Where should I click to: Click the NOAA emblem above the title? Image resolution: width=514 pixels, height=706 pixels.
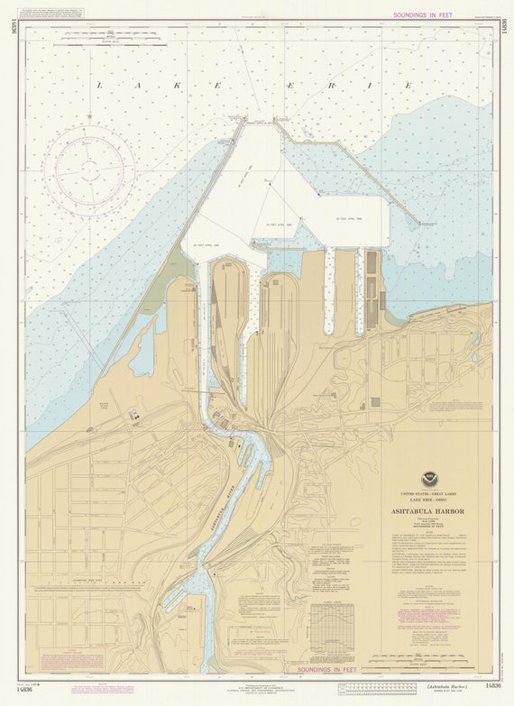click(x=429, y=480)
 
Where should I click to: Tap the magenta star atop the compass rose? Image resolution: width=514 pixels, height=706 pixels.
click(x=90, y=116)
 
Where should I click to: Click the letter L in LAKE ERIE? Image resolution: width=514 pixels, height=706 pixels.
click(x=99, y=85)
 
